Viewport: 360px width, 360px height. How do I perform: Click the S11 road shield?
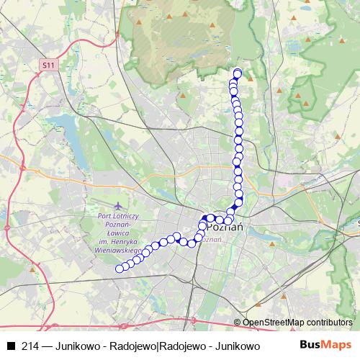(47, 66)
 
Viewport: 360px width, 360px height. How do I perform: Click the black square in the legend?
(10, 346)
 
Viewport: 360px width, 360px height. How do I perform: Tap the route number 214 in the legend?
(31, 346)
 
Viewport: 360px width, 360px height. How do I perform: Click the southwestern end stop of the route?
(120, 269)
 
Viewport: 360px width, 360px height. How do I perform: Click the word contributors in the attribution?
(328, 322)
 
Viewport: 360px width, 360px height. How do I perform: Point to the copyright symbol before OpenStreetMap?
(238, 322)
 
